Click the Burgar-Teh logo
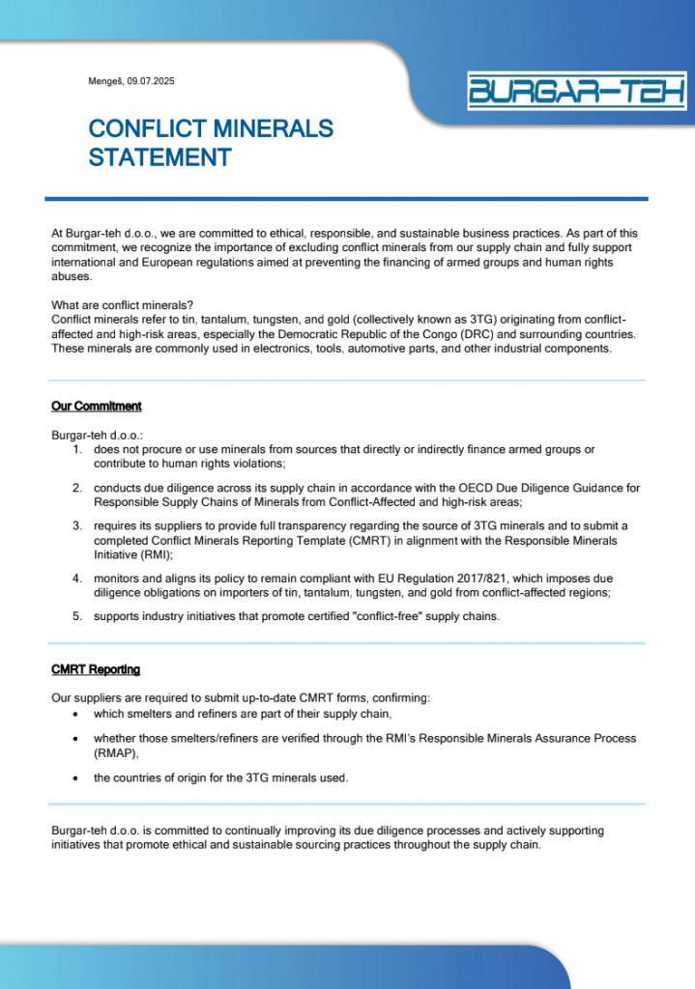(x=576, y=91)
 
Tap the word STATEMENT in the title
(x=159, y=156)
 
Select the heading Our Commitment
(x=97, y=407)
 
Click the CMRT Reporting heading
(x=96, y=669)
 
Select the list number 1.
(x=77, y=449)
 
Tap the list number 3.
(x=77, y=526)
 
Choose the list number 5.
(x=77, y=616)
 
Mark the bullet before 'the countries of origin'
(x=77, y=777)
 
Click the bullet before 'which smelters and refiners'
(x=77, y=714)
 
